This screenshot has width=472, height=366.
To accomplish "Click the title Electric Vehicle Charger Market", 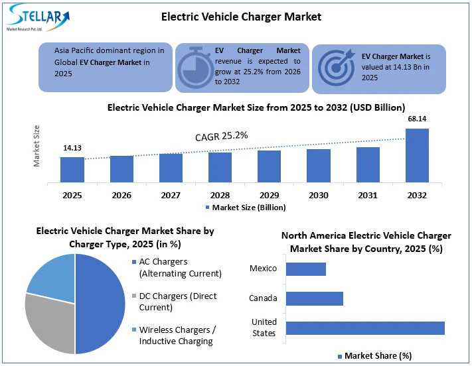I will [241, 16].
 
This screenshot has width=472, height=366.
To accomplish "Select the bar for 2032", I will [417, 156].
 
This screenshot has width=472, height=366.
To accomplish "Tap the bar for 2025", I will [72, 170].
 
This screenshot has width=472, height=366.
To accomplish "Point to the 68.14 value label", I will [417, 119].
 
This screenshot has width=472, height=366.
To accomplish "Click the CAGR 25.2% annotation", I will [221, 136].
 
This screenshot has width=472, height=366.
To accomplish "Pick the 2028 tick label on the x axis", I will [220, 196].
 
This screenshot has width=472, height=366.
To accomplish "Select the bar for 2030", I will [319, 166].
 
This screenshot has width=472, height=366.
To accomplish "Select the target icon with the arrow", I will [337, 67].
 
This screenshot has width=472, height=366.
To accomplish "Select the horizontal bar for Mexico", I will [306, 269].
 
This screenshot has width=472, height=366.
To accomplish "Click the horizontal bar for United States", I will [365, 328].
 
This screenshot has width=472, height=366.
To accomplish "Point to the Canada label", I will [263, 298].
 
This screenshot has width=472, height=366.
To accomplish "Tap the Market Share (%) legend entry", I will [373, 356].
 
